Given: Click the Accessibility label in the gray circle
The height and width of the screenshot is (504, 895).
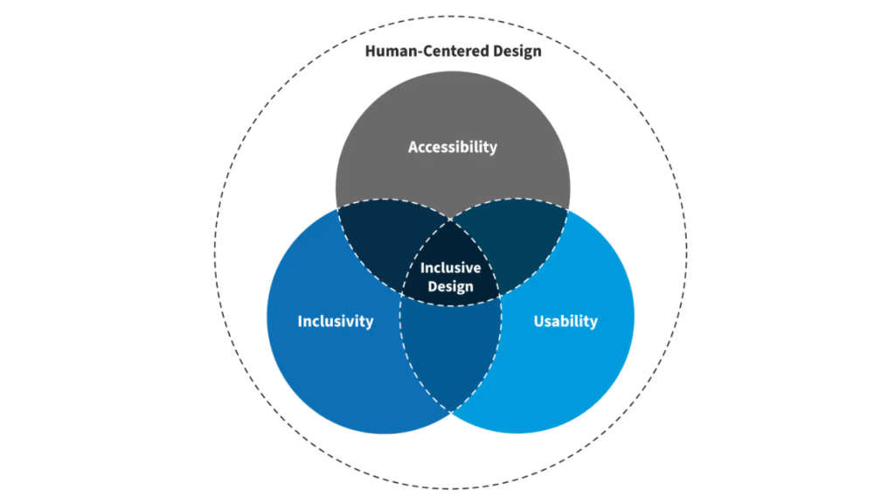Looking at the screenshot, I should (452, 147).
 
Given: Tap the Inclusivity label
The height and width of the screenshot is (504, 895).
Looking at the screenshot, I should (335, 321).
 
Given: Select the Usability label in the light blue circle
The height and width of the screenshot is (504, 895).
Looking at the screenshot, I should (565, 321).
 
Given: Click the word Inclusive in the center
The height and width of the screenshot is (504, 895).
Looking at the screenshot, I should (450, 268).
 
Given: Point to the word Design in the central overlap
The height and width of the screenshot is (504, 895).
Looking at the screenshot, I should (450, 286).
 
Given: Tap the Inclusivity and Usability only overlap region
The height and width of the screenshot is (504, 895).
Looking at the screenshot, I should (450, 350).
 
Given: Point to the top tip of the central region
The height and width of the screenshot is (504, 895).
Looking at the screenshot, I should (451, 219).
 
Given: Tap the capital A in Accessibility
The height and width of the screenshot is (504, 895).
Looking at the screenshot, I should (413, 147).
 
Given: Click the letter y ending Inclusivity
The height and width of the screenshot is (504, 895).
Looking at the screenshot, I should (369, 323).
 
